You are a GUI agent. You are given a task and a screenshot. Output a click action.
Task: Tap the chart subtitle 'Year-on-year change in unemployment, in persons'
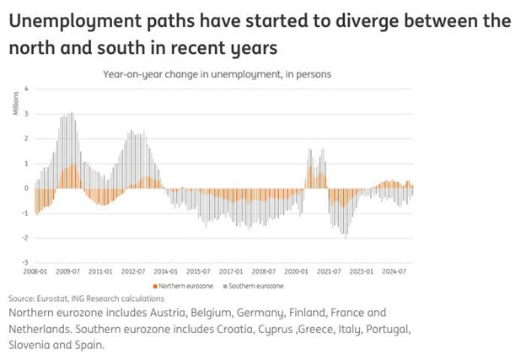217,74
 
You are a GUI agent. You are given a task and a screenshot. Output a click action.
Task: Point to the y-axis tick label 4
27,88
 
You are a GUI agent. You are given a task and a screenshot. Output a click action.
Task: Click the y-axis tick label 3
27,113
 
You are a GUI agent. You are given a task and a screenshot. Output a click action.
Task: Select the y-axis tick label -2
25,238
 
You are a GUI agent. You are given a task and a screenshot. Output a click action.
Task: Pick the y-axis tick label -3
25,262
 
